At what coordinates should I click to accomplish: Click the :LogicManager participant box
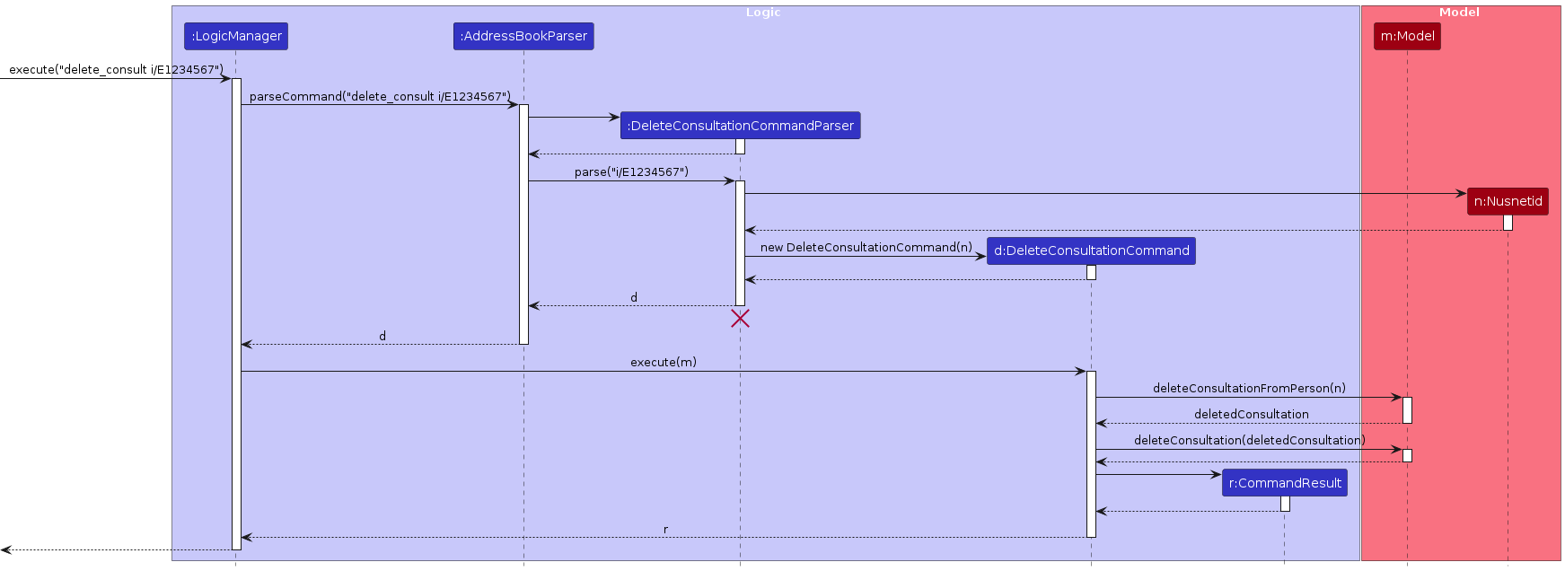pos(236,37)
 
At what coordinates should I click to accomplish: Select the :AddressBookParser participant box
pos(523,37)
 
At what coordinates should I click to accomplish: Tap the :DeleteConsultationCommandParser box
pos(740,126)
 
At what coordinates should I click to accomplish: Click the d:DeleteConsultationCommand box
pos(1091,250)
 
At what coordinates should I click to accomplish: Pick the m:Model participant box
pos(1407,37)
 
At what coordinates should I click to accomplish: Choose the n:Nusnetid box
pos(1508,201)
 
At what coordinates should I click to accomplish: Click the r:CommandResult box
pos(1284,483)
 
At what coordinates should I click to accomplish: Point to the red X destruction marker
pos(740,318)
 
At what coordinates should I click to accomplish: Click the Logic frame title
pos(763,13)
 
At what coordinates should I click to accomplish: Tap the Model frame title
pos(1459,13)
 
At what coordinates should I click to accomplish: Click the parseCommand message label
pos(380,97)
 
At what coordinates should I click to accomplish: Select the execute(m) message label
pos(664,363)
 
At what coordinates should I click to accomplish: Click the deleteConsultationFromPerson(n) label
pos(1249,389)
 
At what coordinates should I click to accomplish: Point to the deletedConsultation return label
pos(1251,415)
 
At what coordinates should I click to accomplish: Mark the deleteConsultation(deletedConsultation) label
pos(1249,441)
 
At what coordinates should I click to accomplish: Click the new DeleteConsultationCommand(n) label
pos(866,248)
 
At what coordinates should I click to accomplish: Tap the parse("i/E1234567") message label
pos(631,172)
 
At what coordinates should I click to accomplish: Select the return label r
pos(665,530)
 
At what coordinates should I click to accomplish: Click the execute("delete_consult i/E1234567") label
pos(116,70)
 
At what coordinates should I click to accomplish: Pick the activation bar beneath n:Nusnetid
pos(1508,223)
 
